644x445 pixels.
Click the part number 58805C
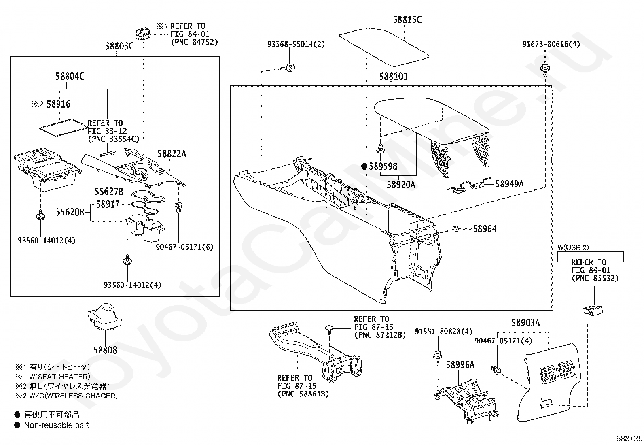119,46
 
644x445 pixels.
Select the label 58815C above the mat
407,19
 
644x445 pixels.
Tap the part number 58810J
393,77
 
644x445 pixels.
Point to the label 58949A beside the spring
509,184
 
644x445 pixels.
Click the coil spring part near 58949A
468,186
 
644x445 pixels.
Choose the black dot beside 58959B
364,166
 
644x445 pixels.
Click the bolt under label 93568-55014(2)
288,68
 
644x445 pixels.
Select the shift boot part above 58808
105,316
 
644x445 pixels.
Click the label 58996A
460,365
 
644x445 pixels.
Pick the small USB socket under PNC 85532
592,310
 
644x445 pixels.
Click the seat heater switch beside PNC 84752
143,34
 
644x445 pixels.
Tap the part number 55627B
109,192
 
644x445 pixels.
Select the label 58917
108,204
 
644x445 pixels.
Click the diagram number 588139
629,438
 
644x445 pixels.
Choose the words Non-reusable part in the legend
57,425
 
